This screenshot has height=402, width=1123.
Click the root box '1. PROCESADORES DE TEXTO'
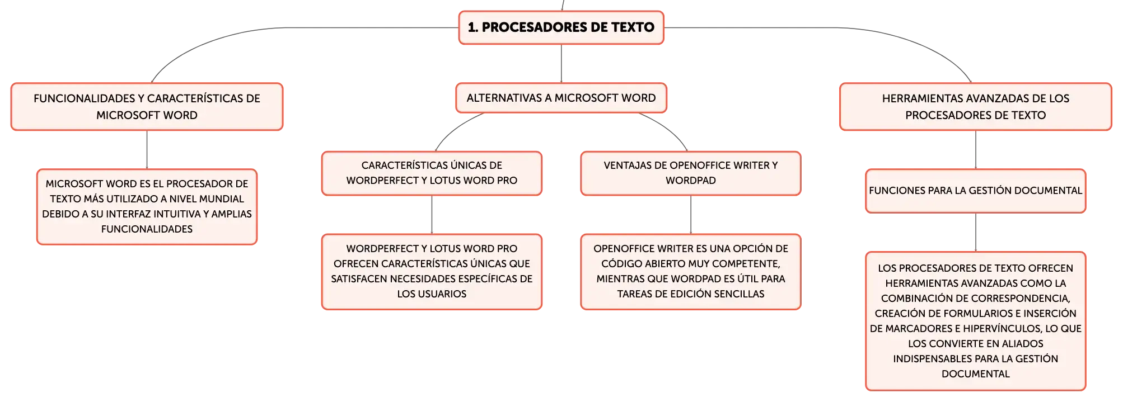561,27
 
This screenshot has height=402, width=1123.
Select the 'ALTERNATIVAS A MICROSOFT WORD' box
561,98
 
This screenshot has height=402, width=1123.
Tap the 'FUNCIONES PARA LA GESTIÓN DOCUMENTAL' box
975,191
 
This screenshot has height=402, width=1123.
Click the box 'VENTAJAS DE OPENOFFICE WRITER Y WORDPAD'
691,173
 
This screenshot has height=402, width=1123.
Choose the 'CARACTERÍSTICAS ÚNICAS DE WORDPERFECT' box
432,173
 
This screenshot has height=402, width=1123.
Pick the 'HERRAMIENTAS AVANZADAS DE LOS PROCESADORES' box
975,107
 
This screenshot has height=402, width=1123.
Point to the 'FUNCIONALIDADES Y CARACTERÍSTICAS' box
147,107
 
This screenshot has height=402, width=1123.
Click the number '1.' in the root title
473,27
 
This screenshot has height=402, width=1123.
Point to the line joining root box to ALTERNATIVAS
561,64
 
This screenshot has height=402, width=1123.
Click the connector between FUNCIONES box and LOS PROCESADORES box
976,233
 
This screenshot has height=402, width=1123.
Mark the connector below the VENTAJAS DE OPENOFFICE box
691,215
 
